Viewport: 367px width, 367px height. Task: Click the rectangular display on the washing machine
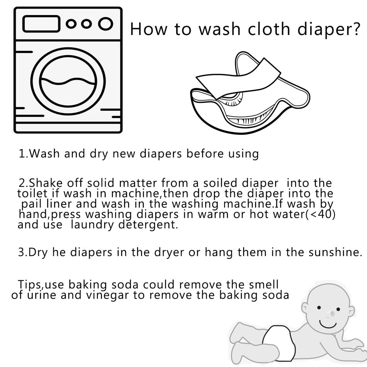(40, 24)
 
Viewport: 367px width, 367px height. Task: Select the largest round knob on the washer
(105, 24)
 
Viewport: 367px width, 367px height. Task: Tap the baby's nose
(329, 314)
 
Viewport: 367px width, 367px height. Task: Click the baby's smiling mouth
(328, 324)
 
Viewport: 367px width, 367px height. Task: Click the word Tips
(31, 285)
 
